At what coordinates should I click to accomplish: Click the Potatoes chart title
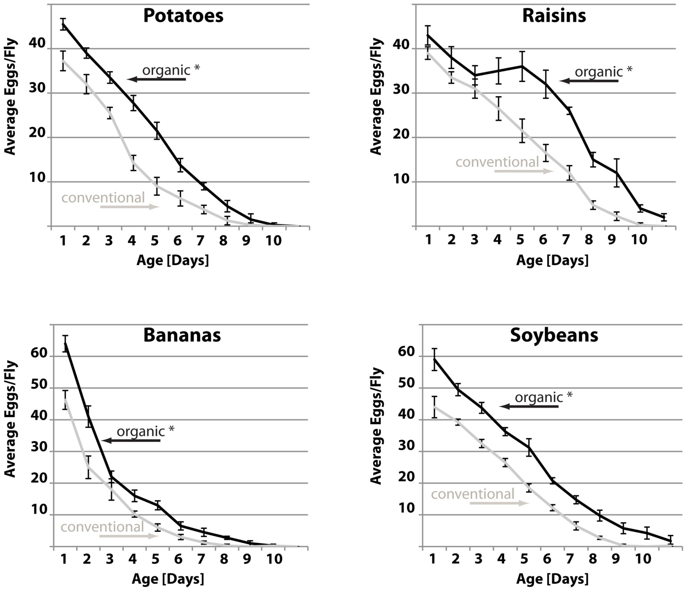click(x=183, y=16)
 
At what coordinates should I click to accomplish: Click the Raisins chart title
click(x=554, y=16)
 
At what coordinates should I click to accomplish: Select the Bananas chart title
click(x=182, y=335)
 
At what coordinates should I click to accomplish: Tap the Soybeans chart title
click(x=554, y=335)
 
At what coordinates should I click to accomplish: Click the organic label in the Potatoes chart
click(x=166, y=70)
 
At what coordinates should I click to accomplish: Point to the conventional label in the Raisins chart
click(x=497, y=162)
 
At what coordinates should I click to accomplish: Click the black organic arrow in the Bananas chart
click(x=131, y=441)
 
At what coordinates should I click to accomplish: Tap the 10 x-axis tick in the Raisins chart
click(x=639, y=240)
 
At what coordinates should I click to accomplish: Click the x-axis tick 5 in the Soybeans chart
click(x=524, y=559)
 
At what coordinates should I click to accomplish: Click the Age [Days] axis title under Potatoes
click(x=173, y=260)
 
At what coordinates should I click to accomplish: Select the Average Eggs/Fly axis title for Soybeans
click(x=376, y=425)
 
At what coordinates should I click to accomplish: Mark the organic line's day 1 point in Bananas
click(x=65, y=343)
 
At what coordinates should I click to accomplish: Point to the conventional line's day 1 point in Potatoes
click(x=63, y=61)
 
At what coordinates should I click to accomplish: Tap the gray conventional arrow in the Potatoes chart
click(x=130, y=207)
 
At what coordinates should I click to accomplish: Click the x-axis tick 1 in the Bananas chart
click(x=64, y=559)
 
